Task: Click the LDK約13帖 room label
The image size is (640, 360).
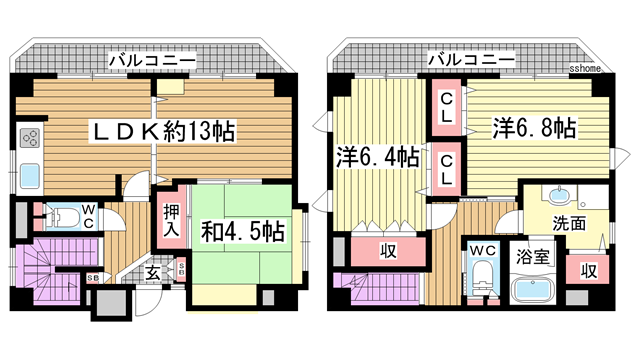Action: [164, 132]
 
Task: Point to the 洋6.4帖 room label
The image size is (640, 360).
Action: [377, 157]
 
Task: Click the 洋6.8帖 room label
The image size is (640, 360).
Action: [533, 128]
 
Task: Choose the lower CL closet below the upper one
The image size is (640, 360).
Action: [447, 167]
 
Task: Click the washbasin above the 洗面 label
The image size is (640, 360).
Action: [558, 195]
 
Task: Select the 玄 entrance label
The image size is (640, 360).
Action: [153, 272]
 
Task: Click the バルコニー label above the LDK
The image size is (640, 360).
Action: [152, 61]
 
